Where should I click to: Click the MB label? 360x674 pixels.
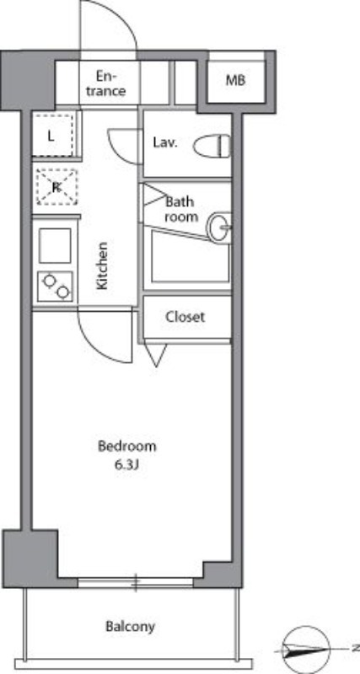point(235,80)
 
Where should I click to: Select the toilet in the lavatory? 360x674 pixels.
point(212,146)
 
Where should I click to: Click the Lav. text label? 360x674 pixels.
point(165,142)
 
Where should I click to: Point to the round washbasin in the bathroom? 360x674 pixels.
point(219,227)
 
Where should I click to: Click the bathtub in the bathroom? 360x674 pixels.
point(190,257)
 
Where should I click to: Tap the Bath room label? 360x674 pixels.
point(181,209)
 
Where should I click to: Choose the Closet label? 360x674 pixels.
point(185,318)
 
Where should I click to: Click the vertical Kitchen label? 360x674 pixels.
point(102,266)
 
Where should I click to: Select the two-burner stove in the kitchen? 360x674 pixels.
point(55,286)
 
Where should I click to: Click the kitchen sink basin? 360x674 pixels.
point(55,246)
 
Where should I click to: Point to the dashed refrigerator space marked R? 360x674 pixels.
point(56,187)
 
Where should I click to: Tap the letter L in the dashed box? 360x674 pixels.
point(51,137)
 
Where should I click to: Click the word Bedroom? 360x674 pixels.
point(126,447)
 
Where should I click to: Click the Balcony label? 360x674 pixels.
point(131,626)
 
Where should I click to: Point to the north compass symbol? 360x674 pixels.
point(308,650)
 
